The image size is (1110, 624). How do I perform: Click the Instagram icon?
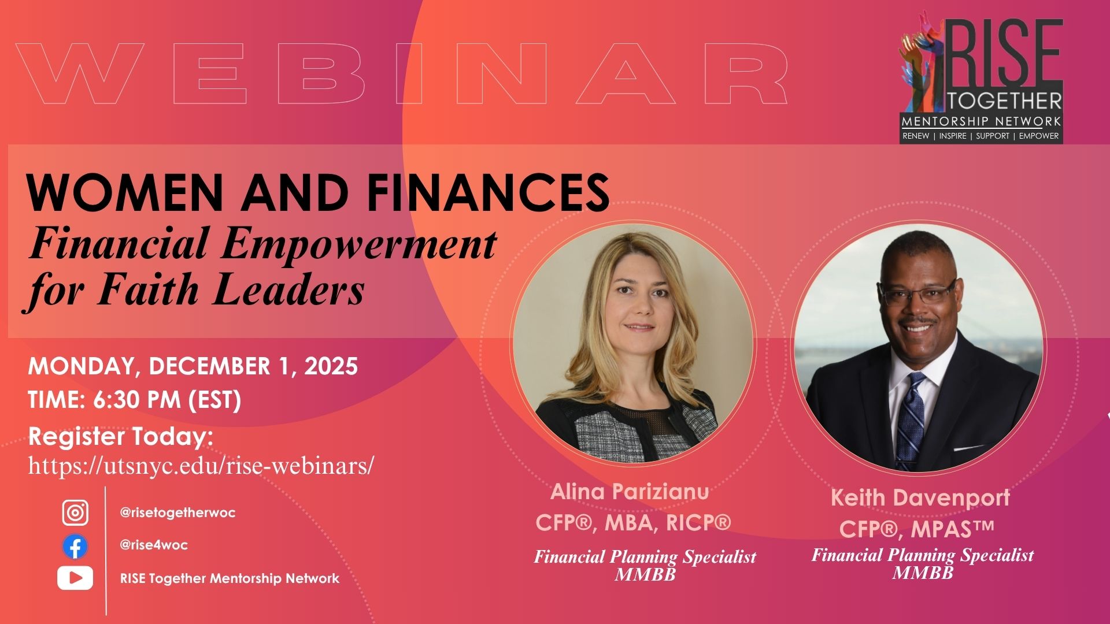75,512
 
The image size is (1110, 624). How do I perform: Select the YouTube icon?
75,578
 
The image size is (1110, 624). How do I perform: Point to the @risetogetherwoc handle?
177,513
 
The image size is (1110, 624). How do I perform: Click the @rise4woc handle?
154,545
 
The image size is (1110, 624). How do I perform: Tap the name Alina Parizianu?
630,492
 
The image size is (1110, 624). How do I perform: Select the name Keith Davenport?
920,497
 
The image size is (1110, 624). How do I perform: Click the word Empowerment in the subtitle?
358,244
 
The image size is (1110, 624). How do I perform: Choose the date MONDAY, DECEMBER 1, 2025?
193,366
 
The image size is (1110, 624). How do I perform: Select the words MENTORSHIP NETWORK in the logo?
981,121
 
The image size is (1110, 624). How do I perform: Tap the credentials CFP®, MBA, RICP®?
633,523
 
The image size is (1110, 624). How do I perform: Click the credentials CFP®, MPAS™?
916,529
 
